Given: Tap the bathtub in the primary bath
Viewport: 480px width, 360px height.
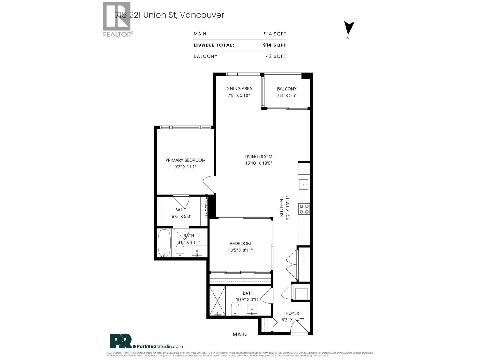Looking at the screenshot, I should click(x=164, y=243).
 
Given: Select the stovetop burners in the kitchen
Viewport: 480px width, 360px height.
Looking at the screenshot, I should click(x=304, y=209).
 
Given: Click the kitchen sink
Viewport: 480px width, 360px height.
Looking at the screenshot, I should click(x=304, y=184).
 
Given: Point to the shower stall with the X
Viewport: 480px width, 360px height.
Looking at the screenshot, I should click(x=217, y=301).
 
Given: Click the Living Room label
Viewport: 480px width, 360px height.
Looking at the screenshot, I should click(x=258, y=157).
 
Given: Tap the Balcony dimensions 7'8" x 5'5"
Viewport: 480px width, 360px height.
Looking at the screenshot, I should click(x=286, y=95).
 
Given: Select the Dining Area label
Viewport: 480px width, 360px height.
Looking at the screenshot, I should click(x=239, y=88).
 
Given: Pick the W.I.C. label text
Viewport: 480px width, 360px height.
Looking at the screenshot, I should click(x=181, y=210).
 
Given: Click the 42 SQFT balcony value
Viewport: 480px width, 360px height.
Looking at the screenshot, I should click(x=276, y=56).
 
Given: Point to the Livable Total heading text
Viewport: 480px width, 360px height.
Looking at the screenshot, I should click(x=214, y=45).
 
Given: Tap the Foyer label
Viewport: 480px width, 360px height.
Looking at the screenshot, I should click(x=292, y=313).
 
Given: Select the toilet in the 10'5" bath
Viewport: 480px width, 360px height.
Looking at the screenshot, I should click(x=235, y=309).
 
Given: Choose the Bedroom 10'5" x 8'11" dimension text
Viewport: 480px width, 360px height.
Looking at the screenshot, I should click(x=240, y=250).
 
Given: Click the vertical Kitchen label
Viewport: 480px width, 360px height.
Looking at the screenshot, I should click(x=281, y=208).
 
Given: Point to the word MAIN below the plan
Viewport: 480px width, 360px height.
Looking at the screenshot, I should click(x=240, y=334).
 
